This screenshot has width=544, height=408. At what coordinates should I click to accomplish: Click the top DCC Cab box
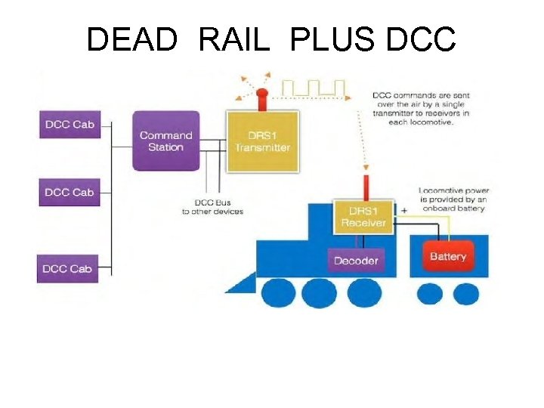[x=69, y=125]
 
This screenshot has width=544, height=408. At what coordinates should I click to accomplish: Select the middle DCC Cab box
[x=69, y=193]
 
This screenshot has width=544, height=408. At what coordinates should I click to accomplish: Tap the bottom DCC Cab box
[x=67, y=269]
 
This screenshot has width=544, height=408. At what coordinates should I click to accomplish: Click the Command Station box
[x=165, y=141]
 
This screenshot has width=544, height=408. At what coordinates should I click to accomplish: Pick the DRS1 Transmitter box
[x=261, y=141]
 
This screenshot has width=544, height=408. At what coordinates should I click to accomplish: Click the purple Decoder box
[x=356, y=261]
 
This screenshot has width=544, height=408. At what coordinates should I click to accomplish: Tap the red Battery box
[x=448, y=257]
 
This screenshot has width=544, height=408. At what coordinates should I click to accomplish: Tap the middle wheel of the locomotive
[x=322, y=292]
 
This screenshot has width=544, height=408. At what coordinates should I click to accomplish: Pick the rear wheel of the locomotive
[x=365, y=292]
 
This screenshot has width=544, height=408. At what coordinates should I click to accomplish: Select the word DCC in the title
[x=420, y=39]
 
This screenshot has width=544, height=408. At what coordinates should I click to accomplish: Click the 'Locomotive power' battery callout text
[x=453, y=199]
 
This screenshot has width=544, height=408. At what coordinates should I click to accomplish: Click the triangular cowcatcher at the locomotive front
[x=240, y=283]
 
